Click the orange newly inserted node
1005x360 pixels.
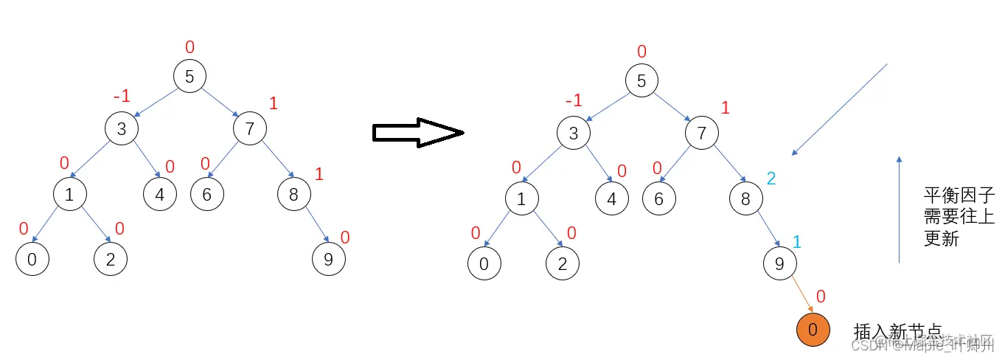pyautogui.click(x=813, y=330)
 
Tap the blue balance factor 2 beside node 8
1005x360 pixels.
pyautogui.click(x=772, y=178)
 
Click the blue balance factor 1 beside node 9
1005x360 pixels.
pyautogui.click(x=796, y=242)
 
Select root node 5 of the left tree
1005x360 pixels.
pyautogui.click(x=189, y=76)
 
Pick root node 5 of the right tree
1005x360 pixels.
pyautogui.click(x=641, y=80)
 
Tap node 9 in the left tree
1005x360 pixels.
pyautogui.click(x=327, y=259)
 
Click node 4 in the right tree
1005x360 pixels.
pyautogui.click(x=611, y=198)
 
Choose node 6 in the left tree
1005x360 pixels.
pyautogui.click(x=206, y=195)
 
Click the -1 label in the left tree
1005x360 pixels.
pyautogui.click(x=122, y=97)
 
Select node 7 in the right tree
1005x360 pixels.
pyautogui.click(x=701, y=134)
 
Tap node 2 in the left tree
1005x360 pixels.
pyautogui.click(x=110, y=259)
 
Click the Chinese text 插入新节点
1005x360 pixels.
pyautogui.click(x=897, y=330)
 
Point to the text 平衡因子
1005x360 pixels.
pyautogui.click(x=949, y=195)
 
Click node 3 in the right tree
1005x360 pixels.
pyautogui.click(x=574, y=134)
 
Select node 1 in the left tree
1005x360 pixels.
pyautogui.click(x=70, y=195)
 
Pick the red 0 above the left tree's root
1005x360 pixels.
pyautogui.click(x=189, y=48)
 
